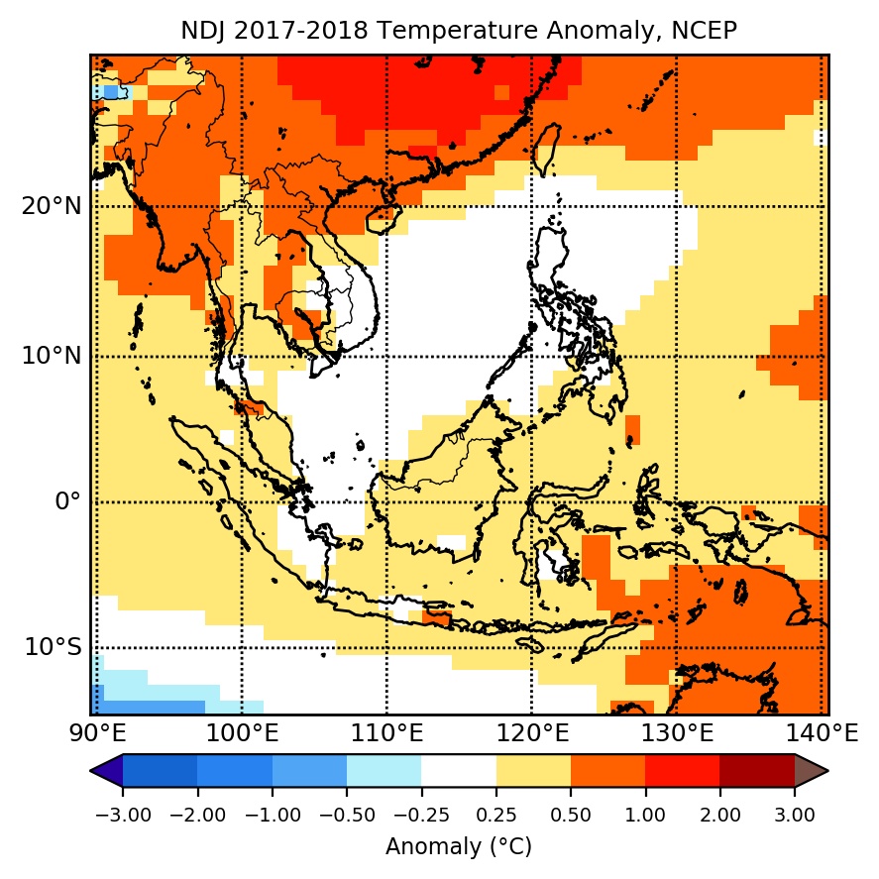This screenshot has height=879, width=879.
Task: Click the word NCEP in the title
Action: (x=704, y=31)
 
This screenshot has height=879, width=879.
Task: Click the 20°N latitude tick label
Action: (x=51, y=207)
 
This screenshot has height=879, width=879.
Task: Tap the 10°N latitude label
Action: (x=51, y=356)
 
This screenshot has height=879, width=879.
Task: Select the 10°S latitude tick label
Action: (x=51, y=647)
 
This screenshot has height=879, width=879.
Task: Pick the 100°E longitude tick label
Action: (x=242, y=734)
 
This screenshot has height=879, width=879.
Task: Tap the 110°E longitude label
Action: (x=386, y=734)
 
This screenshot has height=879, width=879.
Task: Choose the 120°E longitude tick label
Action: (x=532, y=734)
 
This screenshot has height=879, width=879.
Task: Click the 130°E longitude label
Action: (x=677, y=734)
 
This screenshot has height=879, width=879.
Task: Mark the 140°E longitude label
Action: (x=822, y=734)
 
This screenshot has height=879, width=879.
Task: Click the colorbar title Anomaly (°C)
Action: (x=459, y=847)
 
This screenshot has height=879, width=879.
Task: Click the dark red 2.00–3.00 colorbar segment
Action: (x=757, y=770)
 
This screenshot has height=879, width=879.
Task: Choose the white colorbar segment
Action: (x=459, y=770)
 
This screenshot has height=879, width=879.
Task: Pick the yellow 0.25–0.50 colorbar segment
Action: (x=533, y=770)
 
